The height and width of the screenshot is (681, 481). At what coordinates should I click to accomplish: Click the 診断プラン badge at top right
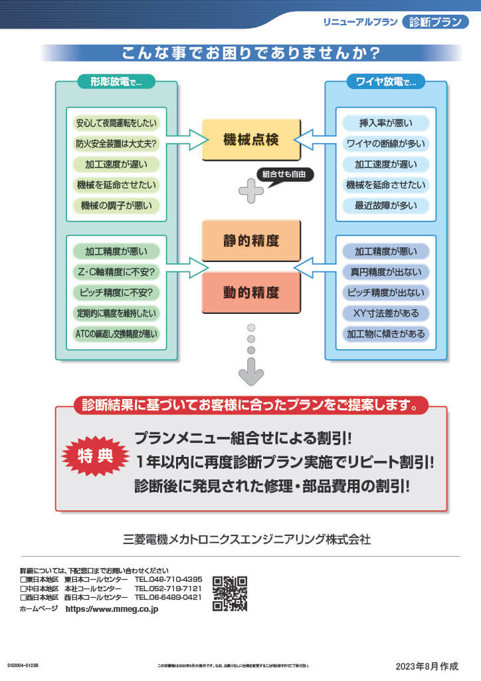pyautogui.click(x=435, y=22)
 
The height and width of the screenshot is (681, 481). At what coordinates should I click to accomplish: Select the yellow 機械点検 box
pyautogui.click(x=251, y=140)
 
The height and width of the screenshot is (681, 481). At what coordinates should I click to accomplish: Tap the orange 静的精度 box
pyautogui.click(x=251, y=240)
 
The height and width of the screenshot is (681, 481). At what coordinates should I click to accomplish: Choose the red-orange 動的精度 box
pyautogui.click(x=251, y=292)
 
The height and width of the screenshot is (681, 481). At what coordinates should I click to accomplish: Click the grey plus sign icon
pyautogui.click(x=251, y=191)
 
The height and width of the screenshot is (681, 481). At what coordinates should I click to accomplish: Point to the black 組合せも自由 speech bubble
pyautogui.click(x=285, y=174)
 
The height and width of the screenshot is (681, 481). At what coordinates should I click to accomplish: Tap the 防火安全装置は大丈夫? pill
pyautogui.click(x=116, y=144)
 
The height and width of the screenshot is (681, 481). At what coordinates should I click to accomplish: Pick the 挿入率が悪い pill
pyautogui.click(x=386, y=123)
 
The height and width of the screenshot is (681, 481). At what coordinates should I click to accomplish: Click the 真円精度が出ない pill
pyautogui.click(x=386, y=272)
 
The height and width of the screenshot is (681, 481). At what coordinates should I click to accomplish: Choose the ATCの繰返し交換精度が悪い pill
pyautogui.click(x=116, y=334)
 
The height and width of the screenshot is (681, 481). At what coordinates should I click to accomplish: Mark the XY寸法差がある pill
pyautogui.click(x=386, y=313)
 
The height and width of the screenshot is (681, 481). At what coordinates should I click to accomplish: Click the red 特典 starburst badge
pyautogui.click(x=95, y=458)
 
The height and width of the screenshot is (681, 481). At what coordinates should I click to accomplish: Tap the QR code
pyautogui.click(x=230, y=593)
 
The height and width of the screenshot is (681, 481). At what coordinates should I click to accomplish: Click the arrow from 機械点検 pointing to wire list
pyautogui.click(x=314, y=140)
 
